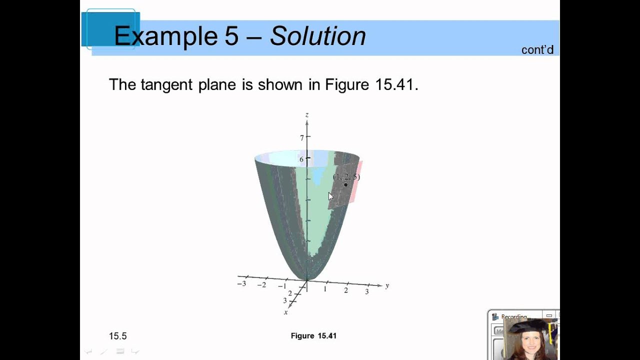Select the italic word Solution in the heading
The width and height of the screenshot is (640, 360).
point(318,36)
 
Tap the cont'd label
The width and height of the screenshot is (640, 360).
point(537,50)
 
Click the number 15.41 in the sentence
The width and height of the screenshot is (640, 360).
point(394,84)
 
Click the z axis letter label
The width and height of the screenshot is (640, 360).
point(306,115)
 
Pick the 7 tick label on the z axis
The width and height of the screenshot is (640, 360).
point(301,137)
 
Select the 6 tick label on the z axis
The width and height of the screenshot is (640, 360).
point(301,159)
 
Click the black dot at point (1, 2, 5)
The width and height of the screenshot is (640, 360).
point(345,185)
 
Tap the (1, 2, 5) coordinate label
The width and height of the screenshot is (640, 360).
point(346,176)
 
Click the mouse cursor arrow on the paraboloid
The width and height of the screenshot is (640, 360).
point(330,196)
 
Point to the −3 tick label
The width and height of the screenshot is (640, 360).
point(241,283)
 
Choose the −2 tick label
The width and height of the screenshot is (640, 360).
point(261,285)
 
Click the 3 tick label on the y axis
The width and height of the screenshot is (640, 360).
point(367,291)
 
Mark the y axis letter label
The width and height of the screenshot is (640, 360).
point(387,286)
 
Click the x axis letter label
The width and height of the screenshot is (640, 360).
point(286,312)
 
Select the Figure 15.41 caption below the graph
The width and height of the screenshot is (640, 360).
point(313,336)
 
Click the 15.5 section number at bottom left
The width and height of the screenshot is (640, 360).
point(117,336)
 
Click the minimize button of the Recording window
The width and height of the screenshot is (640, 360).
point(549,316)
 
